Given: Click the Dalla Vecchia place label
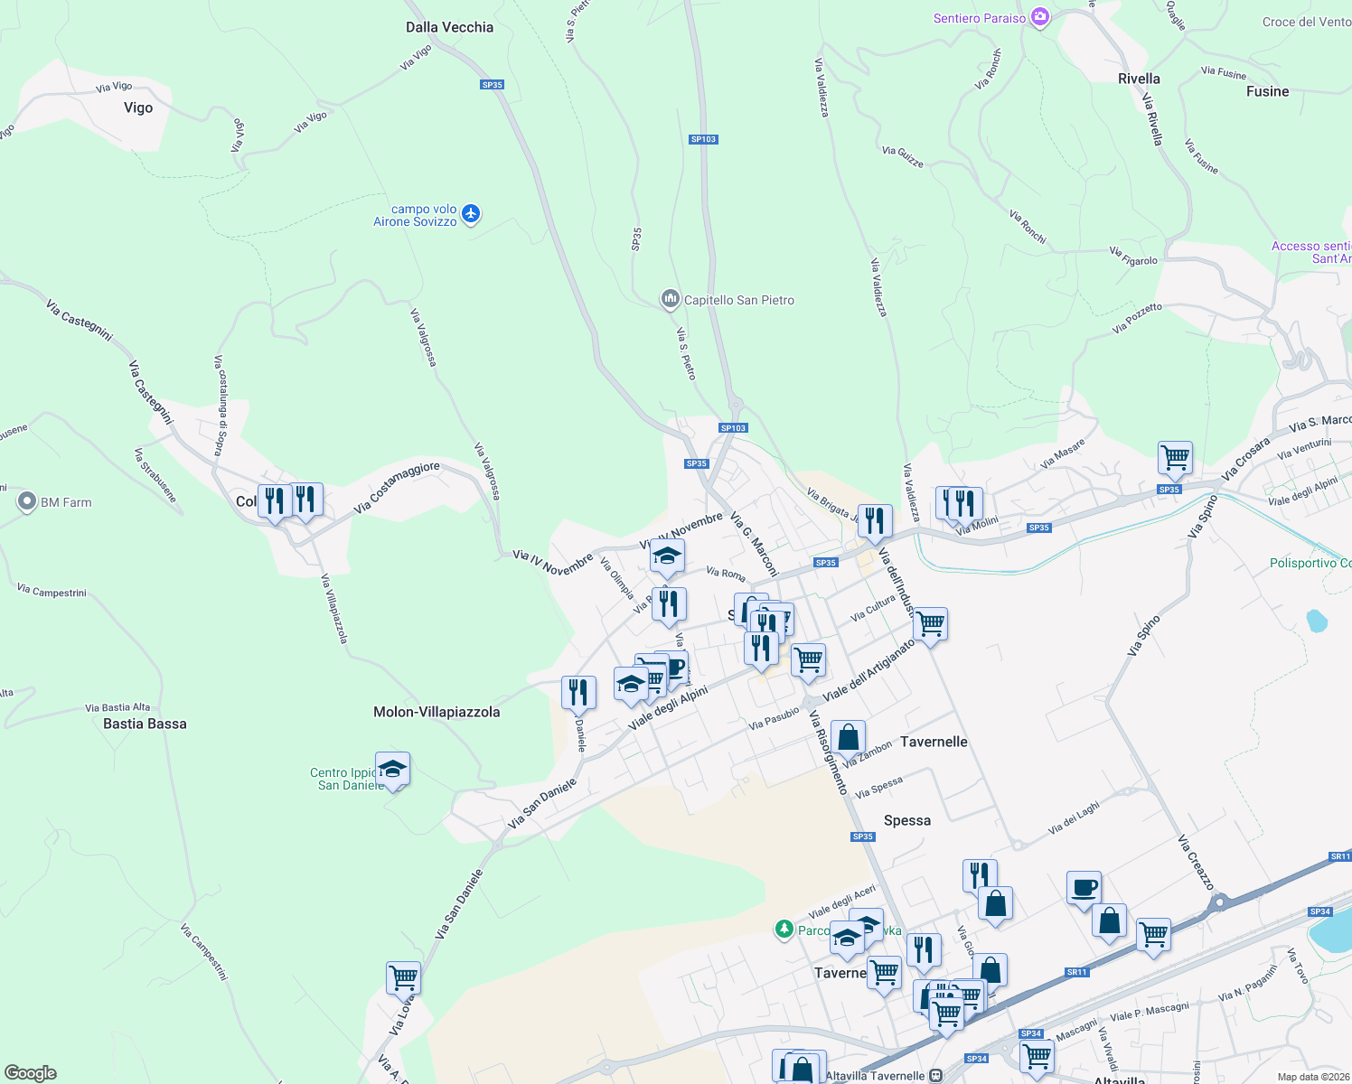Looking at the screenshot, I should click(x=449, y=27).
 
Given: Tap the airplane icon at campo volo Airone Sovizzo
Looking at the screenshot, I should click(x=470, y=214).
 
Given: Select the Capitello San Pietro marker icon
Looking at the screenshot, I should click(x=670, y=299).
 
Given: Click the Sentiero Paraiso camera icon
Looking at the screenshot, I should click(x=1040, y=18).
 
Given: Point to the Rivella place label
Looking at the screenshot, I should click(x=1139, y=79).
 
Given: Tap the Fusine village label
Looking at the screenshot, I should click(x=1267, y=91).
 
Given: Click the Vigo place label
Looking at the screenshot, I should click(x=138, y=107).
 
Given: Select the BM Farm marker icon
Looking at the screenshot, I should click(x=27, y=501).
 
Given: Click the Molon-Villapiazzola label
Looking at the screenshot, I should click(x=437, y=712).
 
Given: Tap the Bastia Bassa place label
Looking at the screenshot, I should click(x=145, y=724).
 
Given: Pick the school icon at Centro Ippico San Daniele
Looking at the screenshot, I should click(x=392, y=770).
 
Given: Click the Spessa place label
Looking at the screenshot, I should click(x=906, y=820).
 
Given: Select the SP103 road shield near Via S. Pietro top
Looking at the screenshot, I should click(x=703, y=139).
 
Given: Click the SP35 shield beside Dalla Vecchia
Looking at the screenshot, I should click(x=492, y=85).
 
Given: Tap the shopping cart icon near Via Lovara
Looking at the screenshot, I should click(x=403, y=977).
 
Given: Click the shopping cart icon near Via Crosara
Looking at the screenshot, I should click(x=1175, y=457).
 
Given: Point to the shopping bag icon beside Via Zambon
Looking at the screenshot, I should click(x=848, y=737).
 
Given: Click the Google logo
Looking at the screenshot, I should click(x=31, y=1072).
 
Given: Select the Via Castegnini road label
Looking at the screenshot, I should click(x=80, y=321).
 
